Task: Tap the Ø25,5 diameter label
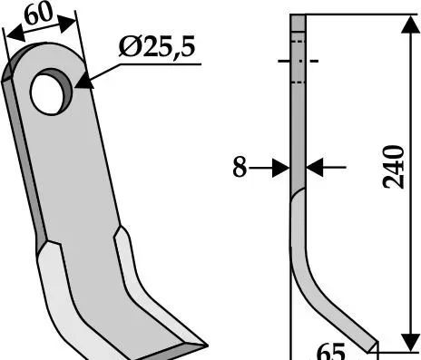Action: (157, 46)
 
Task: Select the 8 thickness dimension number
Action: (240, 167)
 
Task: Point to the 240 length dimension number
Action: (393, 167)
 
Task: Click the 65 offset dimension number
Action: (330, 351)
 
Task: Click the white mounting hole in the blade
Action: (47, 93)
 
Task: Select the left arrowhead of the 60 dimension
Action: (15, 34)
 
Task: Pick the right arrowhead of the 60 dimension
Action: (68, 24)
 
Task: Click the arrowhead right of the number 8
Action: (281, 168)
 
